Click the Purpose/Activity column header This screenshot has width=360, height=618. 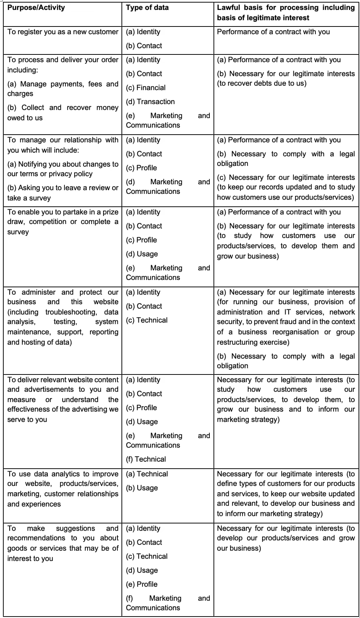click(36, 8)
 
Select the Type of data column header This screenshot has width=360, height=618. click(147, 8)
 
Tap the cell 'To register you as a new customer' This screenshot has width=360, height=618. click(63, 32)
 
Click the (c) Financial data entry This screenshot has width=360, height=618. click(146, 88)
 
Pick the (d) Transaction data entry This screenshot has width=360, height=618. click(150, 102)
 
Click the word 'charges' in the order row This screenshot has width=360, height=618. click(20, 94)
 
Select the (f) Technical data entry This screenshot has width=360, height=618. click(146, 459)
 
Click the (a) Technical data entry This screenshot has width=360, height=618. click(147, 474)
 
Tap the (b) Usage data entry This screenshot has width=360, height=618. click(142, 488)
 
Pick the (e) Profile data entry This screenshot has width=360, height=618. click(142, 584)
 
